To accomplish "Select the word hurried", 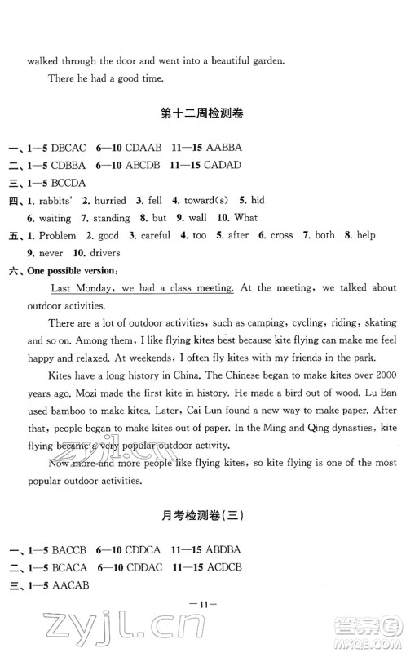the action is (110, 201).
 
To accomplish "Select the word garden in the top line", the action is (261, 60).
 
